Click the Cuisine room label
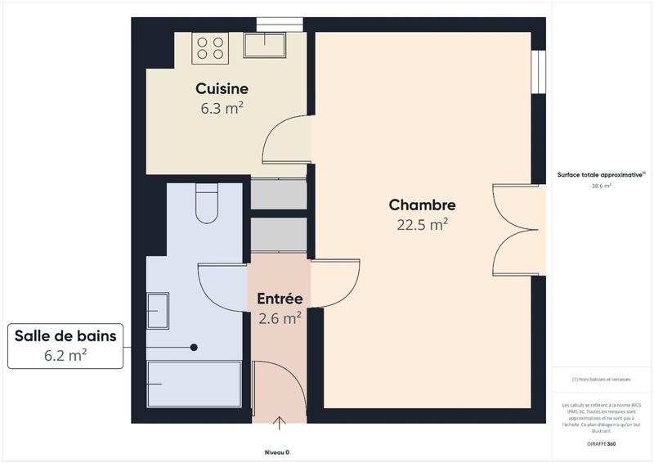[x=222, y=88]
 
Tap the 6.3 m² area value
[x=222, y=107]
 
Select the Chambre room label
[x=422, y=205]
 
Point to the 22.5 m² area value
[x=422, y=225]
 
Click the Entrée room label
[x=280, y=299]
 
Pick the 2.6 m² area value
[x=280, y=318]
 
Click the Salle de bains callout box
[x=65, y=344]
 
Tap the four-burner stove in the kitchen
[x=208, y=47]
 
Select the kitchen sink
[x=263, y=46]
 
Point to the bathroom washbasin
[x=157, y=311]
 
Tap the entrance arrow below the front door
[x=280, y=423]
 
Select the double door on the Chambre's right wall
[x=518, y=232]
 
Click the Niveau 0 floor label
[x=276, y=452]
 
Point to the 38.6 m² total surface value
[x=602, y=186]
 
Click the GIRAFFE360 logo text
[x=601, y=442]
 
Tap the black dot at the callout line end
[x=194, y=347]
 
